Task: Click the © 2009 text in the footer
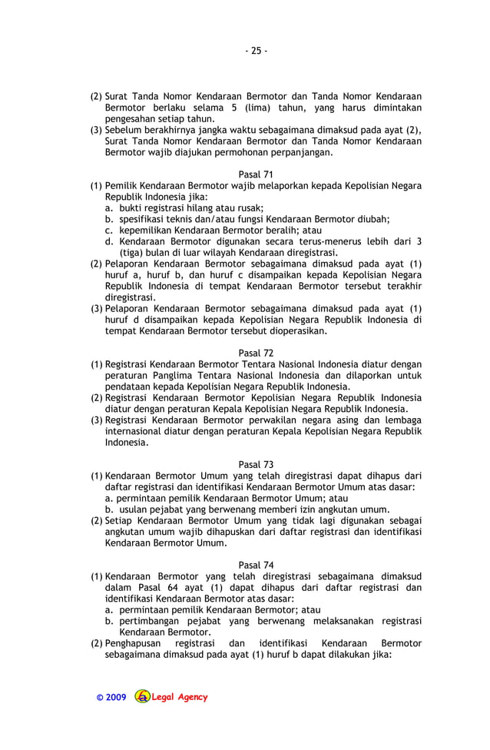111,698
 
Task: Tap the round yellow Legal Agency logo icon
142,697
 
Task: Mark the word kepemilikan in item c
149,230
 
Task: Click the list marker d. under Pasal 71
110,241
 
